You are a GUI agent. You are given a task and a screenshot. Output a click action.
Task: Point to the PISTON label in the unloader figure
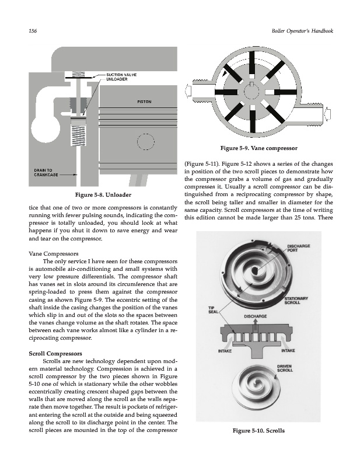point(144,102)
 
